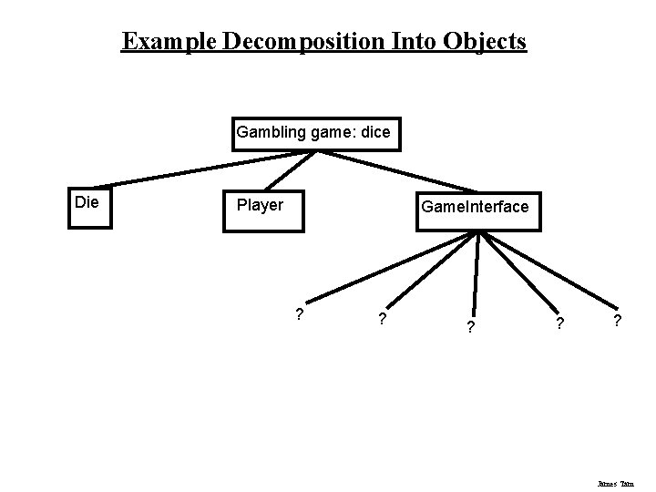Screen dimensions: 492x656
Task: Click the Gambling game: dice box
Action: click(313, 133)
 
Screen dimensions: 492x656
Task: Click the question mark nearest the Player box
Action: click(300, 315)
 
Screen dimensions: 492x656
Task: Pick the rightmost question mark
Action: click(618, 322)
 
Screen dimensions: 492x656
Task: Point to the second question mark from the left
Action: click(382, 319)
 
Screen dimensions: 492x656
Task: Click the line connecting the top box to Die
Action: click(200, 168)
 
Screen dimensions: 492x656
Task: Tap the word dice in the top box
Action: click(376, 133)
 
